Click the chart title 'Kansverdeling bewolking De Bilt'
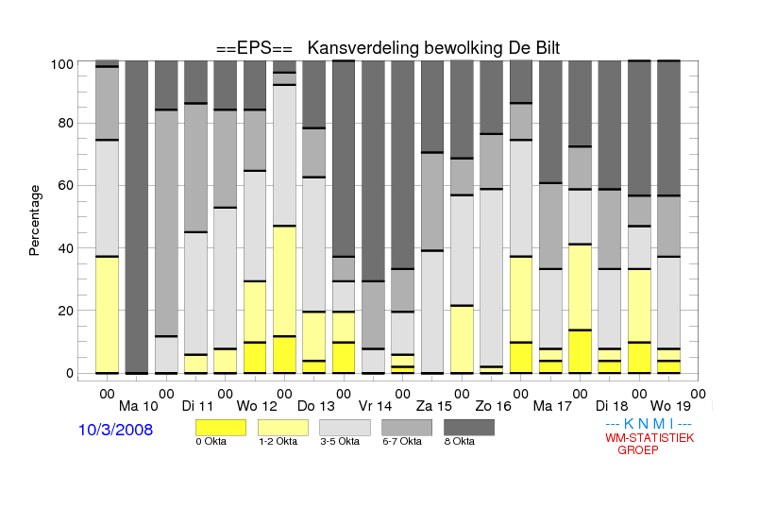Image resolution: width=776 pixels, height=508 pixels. click(x=433, y=48)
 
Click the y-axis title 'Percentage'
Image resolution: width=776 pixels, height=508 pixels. click(x=34, y=220)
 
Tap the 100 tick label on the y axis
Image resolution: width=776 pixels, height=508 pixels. click(x=62, y=64)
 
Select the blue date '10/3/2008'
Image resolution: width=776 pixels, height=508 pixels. click(x=115, y=430)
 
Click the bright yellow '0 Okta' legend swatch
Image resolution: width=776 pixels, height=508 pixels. click(x=221, y=428)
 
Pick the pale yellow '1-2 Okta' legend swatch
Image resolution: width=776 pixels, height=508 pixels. click(x=283, y=428)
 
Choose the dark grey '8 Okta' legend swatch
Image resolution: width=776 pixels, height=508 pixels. click(x=469, y=428)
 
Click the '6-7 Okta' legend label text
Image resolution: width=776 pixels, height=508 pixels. click(x=402, y=442)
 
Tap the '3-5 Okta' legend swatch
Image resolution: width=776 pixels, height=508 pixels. click(x=345, y=428)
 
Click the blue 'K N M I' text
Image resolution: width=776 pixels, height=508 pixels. click(x=649, y=424)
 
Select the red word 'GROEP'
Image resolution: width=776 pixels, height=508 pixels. click(x=638, y=450)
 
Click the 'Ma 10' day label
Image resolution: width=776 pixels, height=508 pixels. click(x=139, y=407)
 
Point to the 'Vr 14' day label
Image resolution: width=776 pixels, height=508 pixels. click(x=375, y=407)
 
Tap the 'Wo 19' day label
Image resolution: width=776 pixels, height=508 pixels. click(x=670, y=407)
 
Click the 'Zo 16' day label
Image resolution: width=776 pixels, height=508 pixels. click(x=494, y=407)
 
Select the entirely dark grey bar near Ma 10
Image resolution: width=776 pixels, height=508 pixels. click(x=137, y=217)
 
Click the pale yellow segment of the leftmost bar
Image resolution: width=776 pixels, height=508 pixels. click(x=107, y=314)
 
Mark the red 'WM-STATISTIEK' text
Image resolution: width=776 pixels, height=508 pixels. click(x=649, y=438)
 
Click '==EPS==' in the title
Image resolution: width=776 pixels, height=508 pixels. click(x=254, y=48)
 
